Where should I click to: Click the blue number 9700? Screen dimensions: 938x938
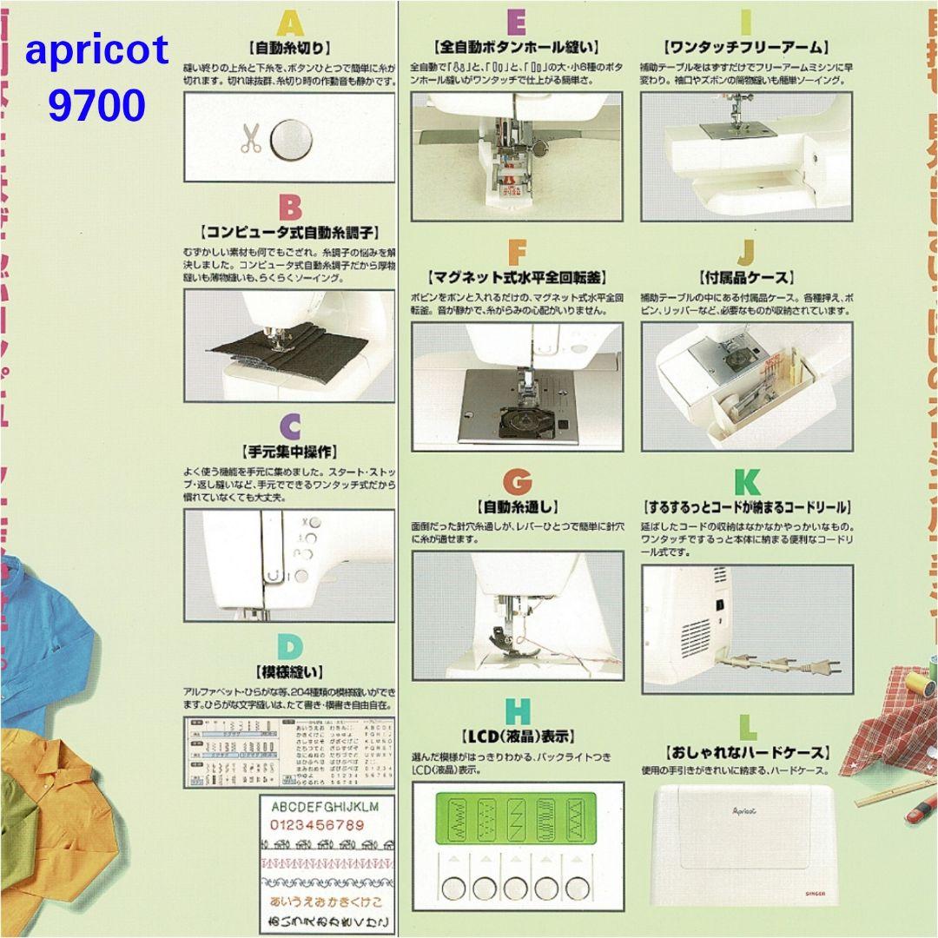96,106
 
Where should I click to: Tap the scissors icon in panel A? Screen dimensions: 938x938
251,139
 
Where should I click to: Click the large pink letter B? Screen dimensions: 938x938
290,208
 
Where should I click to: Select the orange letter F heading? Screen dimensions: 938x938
517,253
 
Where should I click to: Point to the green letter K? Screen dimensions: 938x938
746,482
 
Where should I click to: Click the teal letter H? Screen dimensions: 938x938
517,711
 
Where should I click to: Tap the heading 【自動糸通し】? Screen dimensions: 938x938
517,506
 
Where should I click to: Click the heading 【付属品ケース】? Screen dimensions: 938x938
746,278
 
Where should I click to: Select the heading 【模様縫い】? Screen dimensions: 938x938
290,671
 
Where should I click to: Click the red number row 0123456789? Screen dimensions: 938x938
318,824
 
